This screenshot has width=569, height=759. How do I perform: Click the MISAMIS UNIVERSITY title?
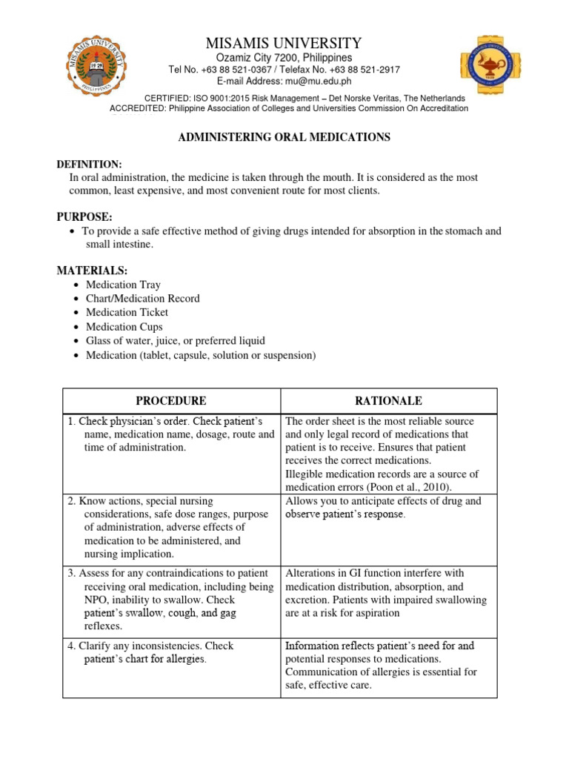pyautogui.click(x=284, y=43)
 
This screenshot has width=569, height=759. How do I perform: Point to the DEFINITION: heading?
pyautogui.click(x=90, y=164)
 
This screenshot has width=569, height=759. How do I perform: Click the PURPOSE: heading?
pyautogui.click(x=84, y=216)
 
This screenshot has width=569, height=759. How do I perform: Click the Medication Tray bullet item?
pyautogui.click(x=123, y=285)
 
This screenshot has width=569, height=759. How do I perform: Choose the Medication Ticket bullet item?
pyautogui.click(x=127, y=313)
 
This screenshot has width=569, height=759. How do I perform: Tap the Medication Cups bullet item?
pyautogui.click(x=124, y=327)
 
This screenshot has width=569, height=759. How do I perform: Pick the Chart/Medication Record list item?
pyautogui.click(x=142, y=299)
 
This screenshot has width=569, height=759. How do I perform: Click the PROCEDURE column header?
pyautogui.click(x=171, y=401)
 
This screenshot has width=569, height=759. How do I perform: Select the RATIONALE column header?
pyautogui.click(x=388, y=401)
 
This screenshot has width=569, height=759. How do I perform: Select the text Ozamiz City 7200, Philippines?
pyautogui.click(x=284, y=58)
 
